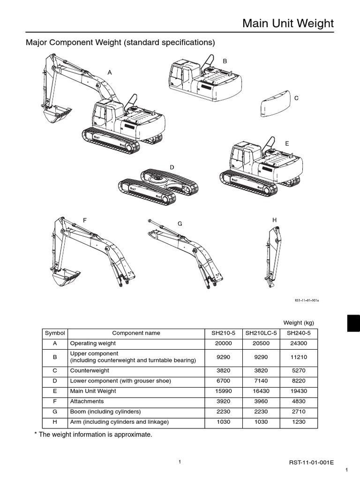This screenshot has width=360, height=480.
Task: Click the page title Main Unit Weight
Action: [x=288, y=23]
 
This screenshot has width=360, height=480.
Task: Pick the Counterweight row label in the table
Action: [x=87, y=370]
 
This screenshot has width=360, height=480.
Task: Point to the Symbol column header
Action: [x=55, y=333]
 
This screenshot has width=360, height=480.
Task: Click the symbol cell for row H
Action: [x=55, y=422]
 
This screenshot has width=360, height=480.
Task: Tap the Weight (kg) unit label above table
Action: [x=298, y=322]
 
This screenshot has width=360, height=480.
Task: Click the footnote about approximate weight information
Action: [x=93, y=435]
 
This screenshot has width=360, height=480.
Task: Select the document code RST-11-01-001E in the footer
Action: [x=311, y=462]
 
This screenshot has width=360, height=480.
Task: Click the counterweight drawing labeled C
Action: [x=275, y=105]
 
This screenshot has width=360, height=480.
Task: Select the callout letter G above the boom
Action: [x=179, y=224]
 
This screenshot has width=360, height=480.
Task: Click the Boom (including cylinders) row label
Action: [x=105, y=412]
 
